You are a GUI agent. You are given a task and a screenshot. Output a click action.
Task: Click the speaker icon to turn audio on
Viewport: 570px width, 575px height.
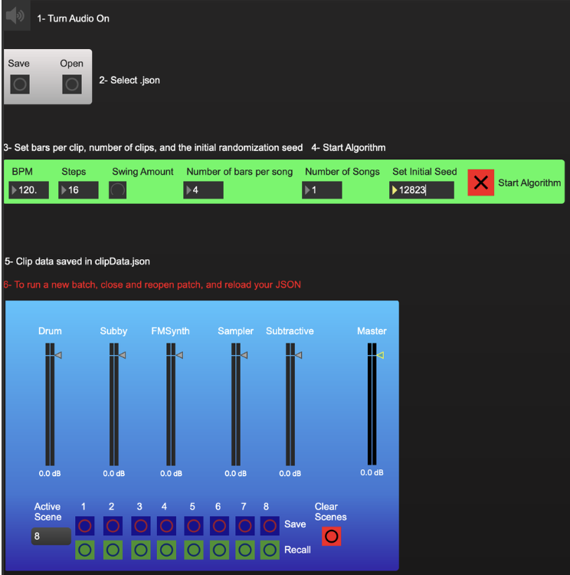pos(15,15)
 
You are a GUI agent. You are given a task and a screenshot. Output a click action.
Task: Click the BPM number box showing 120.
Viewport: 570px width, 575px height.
pos(28,190)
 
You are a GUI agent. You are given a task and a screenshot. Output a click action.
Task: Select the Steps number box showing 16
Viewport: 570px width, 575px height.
pos(78,190)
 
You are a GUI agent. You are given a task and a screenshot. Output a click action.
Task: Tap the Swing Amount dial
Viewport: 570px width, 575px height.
pos(118,190)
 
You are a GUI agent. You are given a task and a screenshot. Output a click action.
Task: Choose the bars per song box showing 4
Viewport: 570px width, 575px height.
pos(203,190)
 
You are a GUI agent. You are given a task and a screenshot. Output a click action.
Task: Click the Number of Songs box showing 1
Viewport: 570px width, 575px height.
pos(322,190)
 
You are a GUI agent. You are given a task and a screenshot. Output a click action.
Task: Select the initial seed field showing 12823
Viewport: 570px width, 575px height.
pos(421,190)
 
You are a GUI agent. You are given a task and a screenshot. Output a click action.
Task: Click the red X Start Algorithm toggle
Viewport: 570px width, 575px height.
pos(480,182)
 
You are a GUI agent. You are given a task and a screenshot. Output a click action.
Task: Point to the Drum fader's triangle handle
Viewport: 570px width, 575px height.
pos(58,355)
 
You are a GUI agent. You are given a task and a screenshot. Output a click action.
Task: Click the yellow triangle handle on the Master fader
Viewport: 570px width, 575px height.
pos(380,355)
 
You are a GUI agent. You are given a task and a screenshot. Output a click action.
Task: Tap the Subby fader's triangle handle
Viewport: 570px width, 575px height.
pos(123,355)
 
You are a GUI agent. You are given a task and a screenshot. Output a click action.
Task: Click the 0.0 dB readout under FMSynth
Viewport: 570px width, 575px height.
pos(171,474)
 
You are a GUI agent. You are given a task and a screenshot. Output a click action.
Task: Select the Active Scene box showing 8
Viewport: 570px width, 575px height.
pos(51,536)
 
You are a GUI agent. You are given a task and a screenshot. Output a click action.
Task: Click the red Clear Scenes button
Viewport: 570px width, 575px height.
pos(332,536)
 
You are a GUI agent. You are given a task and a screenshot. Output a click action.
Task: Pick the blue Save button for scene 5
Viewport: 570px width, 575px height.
pos(194,526)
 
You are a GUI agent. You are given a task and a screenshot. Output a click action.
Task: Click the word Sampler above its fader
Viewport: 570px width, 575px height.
pos(235,331)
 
